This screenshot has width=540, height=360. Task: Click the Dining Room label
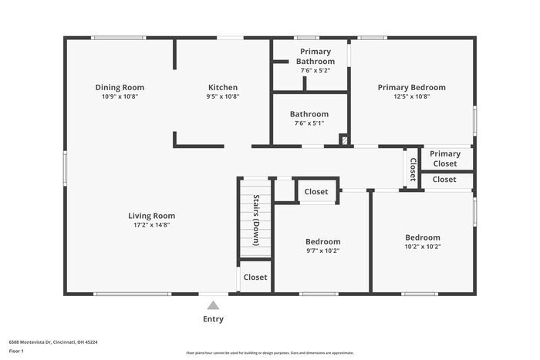click(x=120, y=87)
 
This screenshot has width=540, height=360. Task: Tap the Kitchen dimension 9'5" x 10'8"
click(x=223, y=97)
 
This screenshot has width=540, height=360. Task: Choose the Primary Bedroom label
click(x=411, y=87)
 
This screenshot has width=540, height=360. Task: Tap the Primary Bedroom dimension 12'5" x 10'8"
click(x=411, y=96)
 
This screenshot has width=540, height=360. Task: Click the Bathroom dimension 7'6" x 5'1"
click(x=309, y=123)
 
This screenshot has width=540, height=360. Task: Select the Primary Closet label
click(x=444, y=159)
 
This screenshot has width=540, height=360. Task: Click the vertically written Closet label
click(x=413, y=170)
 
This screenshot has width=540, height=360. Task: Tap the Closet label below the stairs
click(x=255, y=278)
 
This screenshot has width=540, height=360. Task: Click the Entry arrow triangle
click(x=214, y=304)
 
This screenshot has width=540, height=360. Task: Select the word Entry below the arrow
click(x=214, y=319)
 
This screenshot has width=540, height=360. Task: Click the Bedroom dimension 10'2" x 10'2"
click(x=423, y=247)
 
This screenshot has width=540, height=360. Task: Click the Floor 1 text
click(x=17, y=351)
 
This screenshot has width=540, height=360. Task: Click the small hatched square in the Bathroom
click(x=344, y=140)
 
